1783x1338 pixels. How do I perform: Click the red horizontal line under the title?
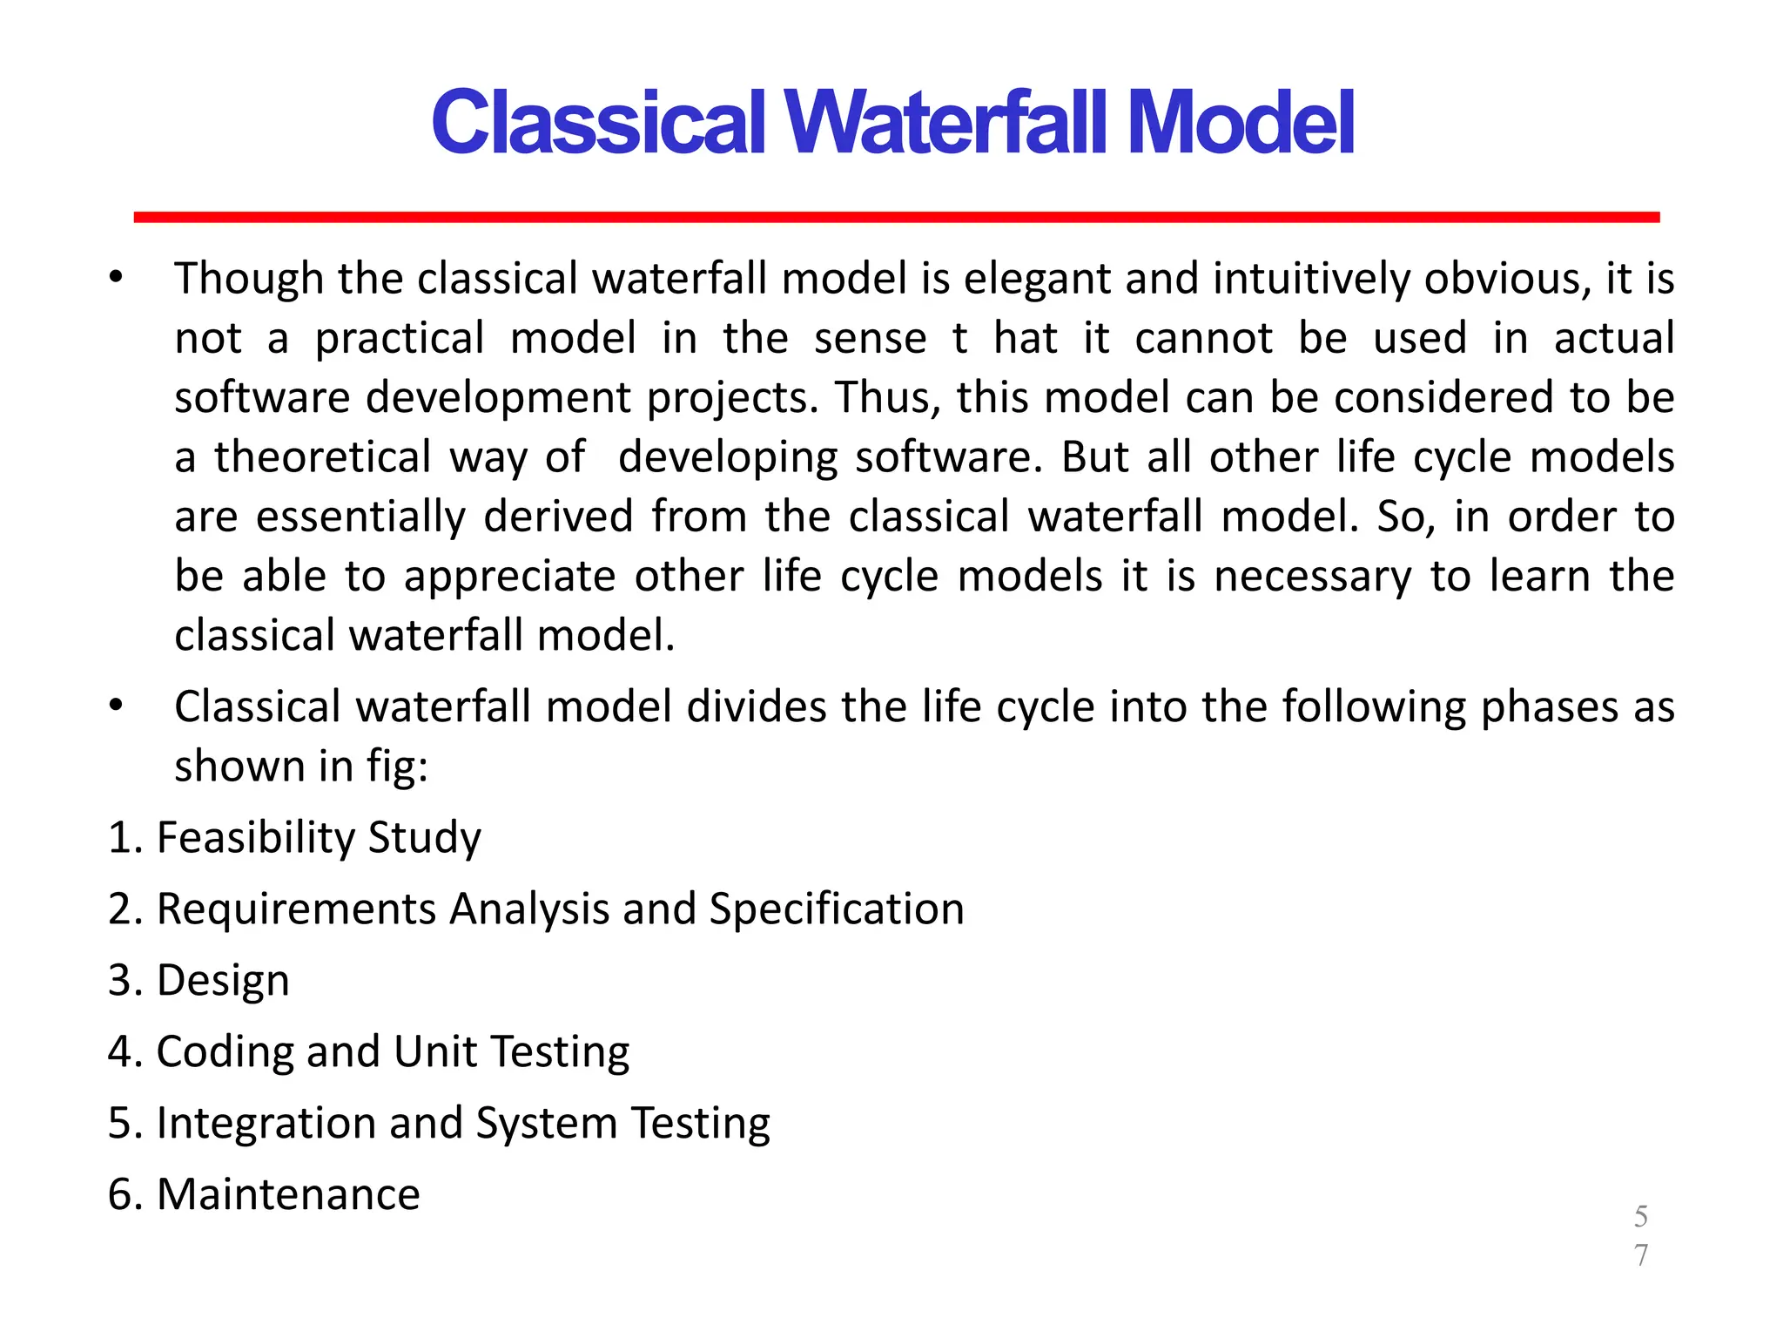(x=896, y=217)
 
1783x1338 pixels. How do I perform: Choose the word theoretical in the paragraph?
(x=323, y=457)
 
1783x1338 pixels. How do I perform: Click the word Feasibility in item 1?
(x=255, y=838)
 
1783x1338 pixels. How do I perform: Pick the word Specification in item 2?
(x=837, y=909)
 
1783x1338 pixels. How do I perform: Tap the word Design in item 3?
(x=223, y=981)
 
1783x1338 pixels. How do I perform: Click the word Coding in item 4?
(x=225, y=1052)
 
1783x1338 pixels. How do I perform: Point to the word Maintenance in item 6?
(x=288, y=1194)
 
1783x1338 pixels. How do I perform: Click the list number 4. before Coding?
(x=125, y=1052)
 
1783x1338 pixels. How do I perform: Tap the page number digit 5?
(x=1641, y=1216)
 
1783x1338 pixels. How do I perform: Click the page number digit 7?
(x=1641, y=1255)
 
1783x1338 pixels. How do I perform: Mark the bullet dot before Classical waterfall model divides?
(x=116, y=705)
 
